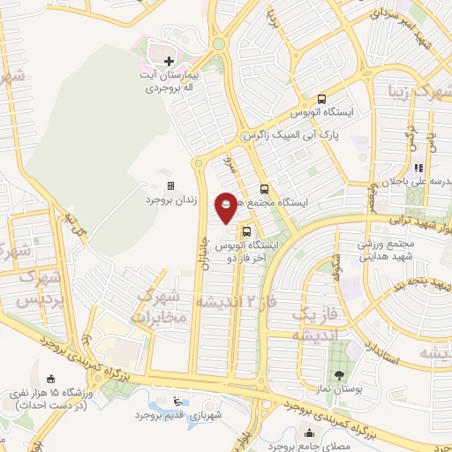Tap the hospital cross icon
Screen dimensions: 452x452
pos(169,58)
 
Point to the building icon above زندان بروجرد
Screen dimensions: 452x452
pos(170,185)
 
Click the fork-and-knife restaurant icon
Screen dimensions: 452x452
pos(418,167)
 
